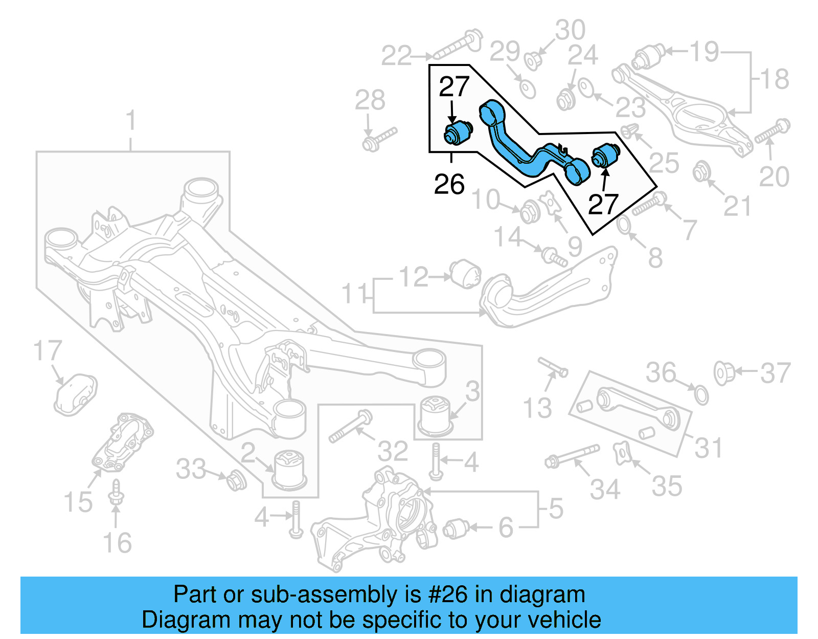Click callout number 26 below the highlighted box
(449, 184)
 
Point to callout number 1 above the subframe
(131, 120)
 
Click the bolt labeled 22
(458, 45)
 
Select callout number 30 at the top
(570, 30)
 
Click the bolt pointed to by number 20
(772, 131)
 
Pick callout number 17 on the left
(47, 351)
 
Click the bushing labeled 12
(465, 274)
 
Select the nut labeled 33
(236, 479)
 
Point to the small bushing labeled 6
(456, 528)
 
